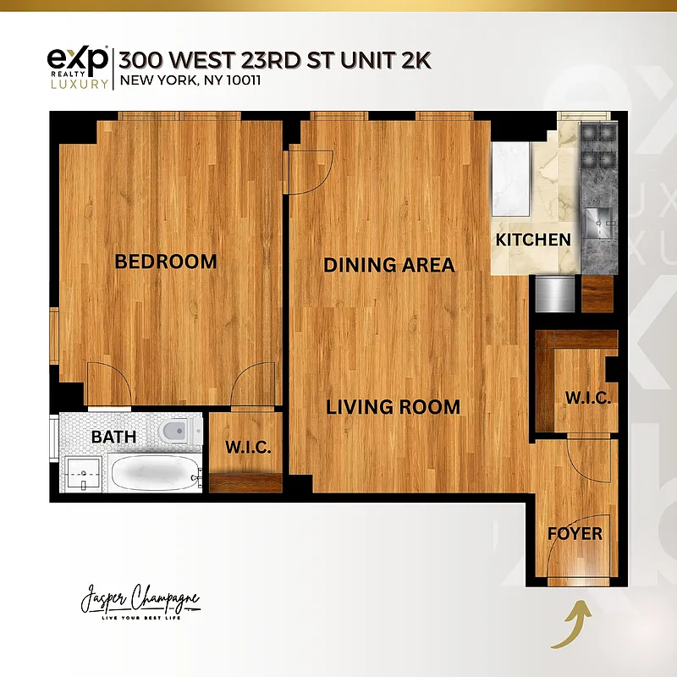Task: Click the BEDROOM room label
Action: pyautogui.click(x=166, y=261)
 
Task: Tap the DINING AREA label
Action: pyautogui.click(x=388, y=265)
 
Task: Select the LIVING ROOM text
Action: pyautogui.click(x=394, y=407)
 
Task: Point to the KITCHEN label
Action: pyautogui.click(x=533, y=239)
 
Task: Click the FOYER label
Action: pyautogui.click(x=575, y=534)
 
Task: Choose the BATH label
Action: pyautogui.click(x=113, y=438)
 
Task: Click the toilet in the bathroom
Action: pyautogui.click(x=175, y=432)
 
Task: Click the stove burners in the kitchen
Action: pyautogui.click(x=598, y=149)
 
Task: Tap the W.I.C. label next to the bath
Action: pyautogui.click(x=248, y=448)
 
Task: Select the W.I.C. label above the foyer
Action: pyautogui.click(x=587, y=398)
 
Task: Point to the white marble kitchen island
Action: pyautogui.click(x=511, y=179)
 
